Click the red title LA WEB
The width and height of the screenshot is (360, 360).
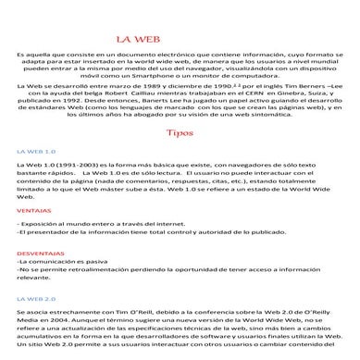[x=135, y=39]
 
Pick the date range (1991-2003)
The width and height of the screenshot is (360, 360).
[x=68, y=163]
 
